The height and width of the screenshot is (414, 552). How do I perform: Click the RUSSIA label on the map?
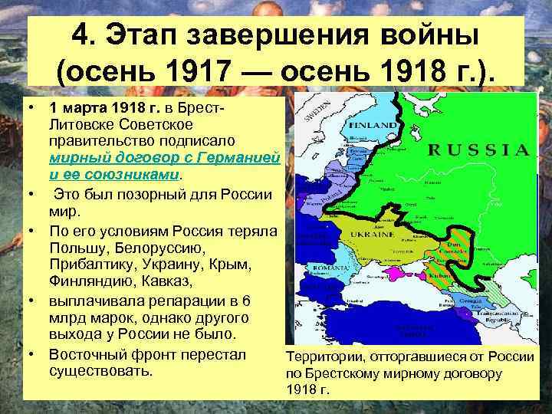(x=478, y=149)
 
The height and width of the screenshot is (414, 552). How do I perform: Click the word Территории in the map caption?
(x=323, y=357)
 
